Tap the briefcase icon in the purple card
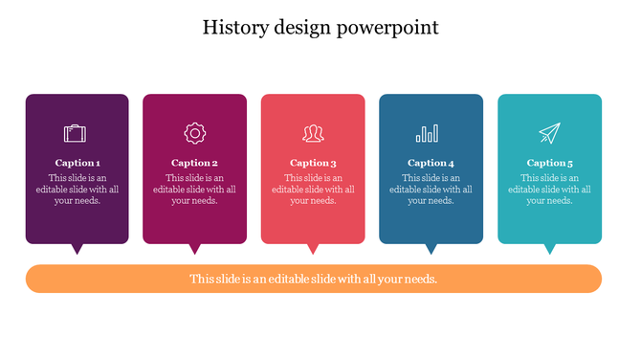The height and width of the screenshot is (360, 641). click(x=77, y=133)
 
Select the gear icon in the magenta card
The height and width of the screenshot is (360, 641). click(x=194, y=133)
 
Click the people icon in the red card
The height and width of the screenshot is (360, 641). click(x=313, y=133)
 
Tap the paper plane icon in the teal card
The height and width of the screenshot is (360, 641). click(x=549, y=133)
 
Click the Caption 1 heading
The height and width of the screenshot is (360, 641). click(x=77, y=163)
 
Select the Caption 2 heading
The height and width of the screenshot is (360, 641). click(x=194, y=163)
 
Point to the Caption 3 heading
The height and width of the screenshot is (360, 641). click(x=313, y=163)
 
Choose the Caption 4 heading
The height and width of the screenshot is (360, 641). click(x=431, y=163)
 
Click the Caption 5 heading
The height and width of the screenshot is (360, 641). click(x=549, y=163)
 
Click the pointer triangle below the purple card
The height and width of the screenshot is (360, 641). click(x=77, y=249)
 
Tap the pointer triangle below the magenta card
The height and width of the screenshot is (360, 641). click(x=194, y=249)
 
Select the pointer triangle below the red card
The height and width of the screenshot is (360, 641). click(x=313, y=249)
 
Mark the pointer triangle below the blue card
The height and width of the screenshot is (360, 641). click(x=431, y=249)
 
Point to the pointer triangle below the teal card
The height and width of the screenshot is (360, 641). click(x=549, y=249)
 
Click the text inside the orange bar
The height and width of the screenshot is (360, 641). click(x=313, y=280)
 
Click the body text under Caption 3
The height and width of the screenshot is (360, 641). click(x=313, y=190)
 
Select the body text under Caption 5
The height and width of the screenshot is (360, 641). click(x=549, y=190)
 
